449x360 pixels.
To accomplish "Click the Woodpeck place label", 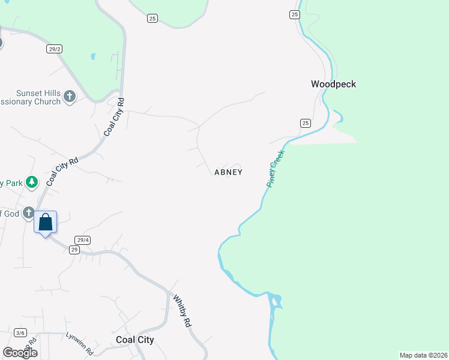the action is [333, 84].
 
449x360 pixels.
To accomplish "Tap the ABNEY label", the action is [228, 172].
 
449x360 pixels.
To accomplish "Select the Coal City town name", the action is [134, 340].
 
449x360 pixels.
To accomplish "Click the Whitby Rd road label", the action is [182, 310].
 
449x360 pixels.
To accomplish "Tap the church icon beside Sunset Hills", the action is [70, 96].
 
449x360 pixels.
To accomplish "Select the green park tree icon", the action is [32, 182].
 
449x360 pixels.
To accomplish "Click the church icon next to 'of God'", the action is [29, 213].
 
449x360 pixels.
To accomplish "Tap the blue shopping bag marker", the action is [46, 223].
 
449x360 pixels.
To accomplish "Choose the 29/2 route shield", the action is [54, 49].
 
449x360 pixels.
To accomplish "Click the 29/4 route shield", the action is [83, 240].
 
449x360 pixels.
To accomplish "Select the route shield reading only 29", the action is [74, 250].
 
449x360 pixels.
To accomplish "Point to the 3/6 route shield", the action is [20, 333].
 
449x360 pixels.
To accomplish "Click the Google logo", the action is [20, 352].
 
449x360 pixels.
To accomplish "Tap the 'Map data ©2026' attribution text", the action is [423, 355].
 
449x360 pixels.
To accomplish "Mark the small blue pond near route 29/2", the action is [92, 57].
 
